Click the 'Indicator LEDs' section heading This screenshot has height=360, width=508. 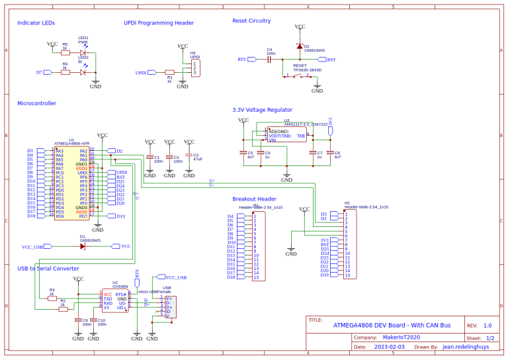[x=36, y=22]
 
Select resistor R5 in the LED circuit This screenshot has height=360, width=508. [x=65, y=52]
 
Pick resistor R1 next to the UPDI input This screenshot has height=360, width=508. [x=169, y=73]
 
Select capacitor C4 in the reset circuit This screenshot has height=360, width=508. [x=269, y=60]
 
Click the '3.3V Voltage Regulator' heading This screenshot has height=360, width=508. [x=262, y=110]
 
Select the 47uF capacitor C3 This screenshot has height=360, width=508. [x=189, y=159]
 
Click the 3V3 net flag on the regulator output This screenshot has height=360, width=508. [x=330, y=130]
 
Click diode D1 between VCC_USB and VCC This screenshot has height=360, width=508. [x=83, y=246]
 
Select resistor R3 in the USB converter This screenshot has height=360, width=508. [x=52, y=298]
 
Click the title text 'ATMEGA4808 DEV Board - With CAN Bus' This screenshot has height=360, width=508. [x=392, y=325]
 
